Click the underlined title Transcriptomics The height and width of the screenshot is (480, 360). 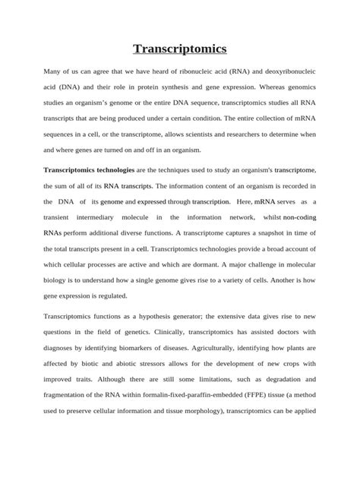[x=180, y=49]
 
